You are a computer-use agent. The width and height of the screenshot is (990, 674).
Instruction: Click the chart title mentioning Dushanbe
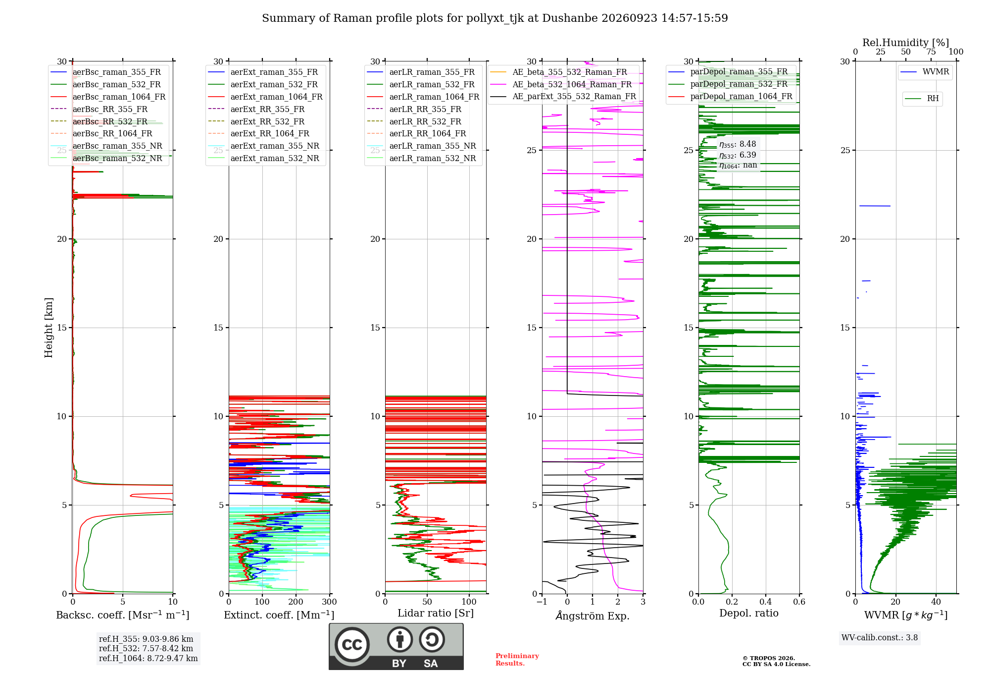[x=495, y=18]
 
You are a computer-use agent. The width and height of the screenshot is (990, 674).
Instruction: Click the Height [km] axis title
[x=49, y=328]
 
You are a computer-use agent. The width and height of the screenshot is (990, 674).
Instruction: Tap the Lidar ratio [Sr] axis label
[x=436, y=613]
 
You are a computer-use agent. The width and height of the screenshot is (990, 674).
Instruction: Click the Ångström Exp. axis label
[x=593, y=616]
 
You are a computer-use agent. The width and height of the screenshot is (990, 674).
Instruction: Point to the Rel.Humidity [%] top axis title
[x=906, y=43]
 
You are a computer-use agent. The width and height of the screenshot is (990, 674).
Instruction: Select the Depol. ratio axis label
[x=749, y=613]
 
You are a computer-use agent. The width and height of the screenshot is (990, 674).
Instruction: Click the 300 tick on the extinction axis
[x=329, y=602]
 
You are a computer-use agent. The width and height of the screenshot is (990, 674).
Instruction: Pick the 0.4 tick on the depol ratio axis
[x=766, y=602]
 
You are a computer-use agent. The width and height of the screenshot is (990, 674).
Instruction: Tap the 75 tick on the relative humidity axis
[x=931, y=52]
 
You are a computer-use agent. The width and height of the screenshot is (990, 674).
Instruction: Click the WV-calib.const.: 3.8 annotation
[x=880, y=638]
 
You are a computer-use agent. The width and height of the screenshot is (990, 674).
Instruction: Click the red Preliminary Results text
[x=517, y=660]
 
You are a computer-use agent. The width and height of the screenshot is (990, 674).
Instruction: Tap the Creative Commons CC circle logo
[x=352, y=645]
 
